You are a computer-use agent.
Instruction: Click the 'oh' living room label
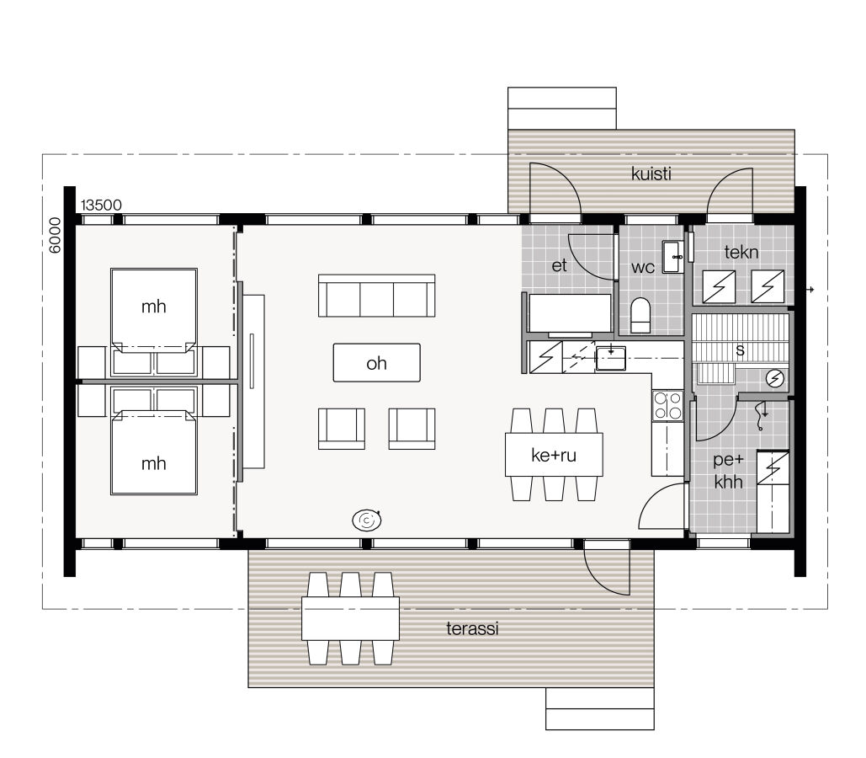pos(376,364)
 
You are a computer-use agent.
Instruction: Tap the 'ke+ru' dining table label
pos(554,456)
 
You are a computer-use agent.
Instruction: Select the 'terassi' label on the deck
pos(472,627)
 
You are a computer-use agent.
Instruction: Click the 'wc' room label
pos(643,267)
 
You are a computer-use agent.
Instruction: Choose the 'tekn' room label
pos(741,251)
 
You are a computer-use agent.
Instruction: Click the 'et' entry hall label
pos(560,266)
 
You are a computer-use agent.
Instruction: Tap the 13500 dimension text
pos(102,206)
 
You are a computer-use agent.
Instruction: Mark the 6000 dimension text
pos(55,236)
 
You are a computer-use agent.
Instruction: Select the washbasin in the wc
pos(673,256)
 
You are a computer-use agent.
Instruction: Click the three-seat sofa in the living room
pos(376,296)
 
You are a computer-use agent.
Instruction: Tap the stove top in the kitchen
pos(667,405)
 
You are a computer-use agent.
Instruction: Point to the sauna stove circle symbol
pos(775,380)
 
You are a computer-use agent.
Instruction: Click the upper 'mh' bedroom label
pos(153,307)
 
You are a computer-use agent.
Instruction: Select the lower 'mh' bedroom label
pos(153,463)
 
